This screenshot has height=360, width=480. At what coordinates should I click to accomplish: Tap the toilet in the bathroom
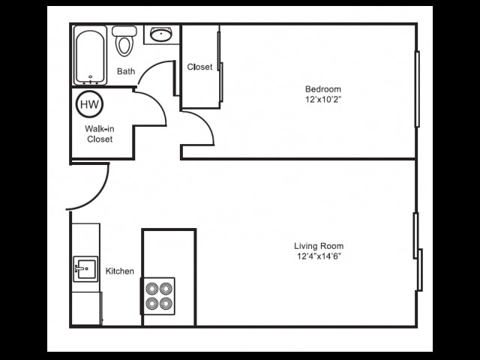point(124,41)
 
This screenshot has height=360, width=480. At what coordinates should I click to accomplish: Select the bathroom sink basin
point(160,34)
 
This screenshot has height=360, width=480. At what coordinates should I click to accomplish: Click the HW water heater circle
point(89,103)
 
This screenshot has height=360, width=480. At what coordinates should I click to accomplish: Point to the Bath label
point(126,72)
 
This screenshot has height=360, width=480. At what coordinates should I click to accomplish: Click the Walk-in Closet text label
point(99,133)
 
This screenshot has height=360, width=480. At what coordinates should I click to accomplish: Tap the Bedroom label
point(323,88)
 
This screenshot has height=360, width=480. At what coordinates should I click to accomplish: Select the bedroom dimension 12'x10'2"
point(323,99)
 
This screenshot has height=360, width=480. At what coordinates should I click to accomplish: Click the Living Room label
point(319,246)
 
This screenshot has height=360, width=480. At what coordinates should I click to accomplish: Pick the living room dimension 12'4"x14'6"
point(319,256)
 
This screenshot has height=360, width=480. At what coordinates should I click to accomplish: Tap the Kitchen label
point(120,271)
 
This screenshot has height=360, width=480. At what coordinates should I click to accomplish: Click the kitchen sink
point(85,268)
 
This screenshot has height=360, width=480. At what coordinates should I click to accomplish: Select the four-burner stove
point(159,295)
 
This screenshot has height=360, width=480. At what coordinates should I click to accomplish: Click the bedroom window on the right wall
point(417,88)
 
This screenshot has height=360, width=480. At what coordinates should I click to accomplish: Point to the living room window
point(417,247)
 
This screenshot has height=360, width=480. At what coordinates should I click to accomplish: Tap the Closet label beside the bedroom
point(199,67)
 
